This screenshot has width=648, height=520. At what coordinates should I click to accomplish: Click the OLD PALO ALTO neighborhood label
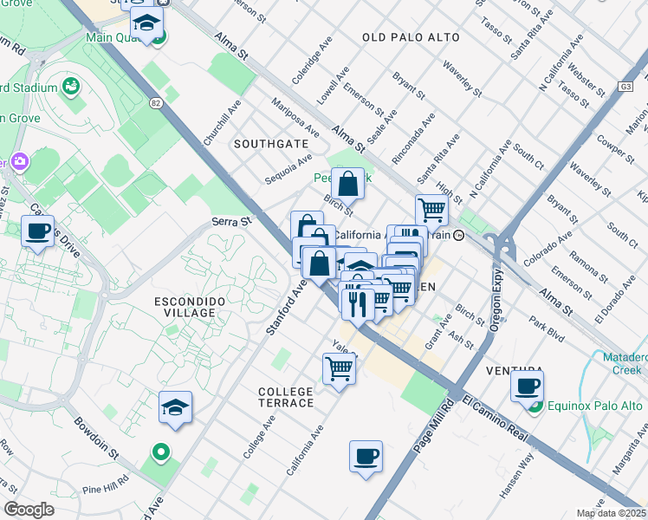pos(408,37)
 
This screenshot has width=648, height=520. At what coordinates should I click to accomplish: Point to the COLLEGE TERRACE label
pos(286,397)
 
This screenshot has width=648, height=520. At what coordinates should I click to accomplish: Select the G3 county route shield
pos(625,87)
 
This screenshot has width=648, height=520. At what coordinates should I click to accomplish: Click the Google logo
pos(29,509)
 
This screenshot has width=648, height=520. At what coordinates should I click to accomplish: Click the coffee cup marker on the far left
pos(37,231)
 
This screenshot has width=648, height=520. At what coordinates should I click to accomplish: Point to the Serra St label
pos(231,223)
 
